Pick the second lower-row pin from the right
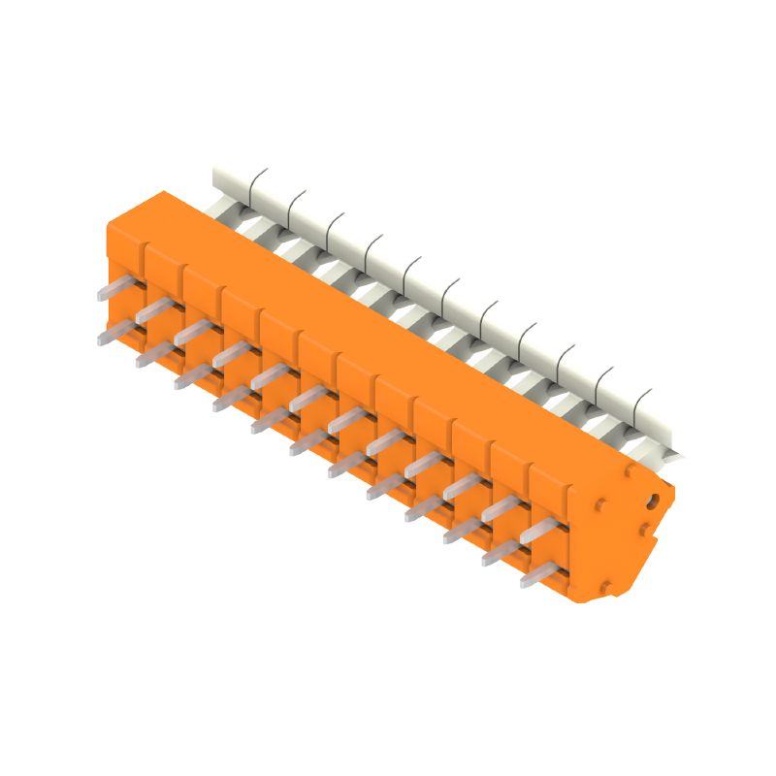(x=500, y=553)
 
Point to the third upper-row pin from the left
(x=191, y=333)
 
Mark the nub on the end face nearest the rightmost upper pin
(x=602, y=505)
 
